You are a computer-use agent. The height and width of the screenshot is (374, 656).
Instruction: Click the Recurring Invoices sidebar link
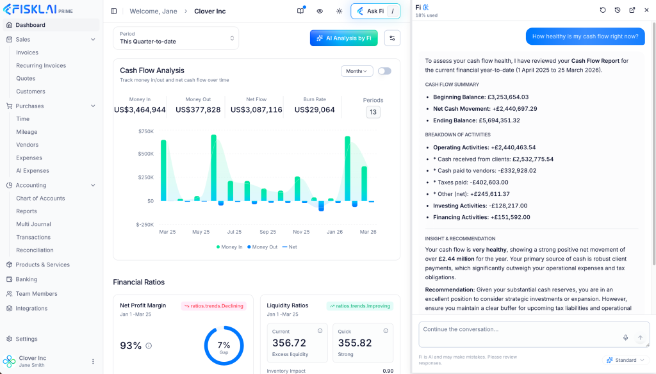tap(41, 65)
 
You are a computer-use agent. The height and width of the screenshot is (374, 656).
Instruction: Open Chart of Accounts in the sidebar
tap(40, 199)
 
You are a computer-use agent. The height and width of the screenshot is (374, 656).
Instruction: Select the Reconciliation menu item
tap(35, 250)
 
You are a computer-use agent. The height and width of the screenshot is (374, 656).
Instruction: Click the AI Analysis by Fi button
tap(343, 38)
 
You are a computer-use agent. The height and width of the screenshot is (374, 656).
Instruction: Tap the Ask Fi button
tap(375, 11)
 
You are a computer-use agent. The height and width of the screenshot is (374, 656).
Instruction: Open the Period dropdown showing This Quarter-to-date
tap(176, 38)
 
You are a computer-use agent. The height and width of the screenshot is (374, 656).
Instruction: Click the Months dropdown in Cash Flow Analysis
tap(357, 71)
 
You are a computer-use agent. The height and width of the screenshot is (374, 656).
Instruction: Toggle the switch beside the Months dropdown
tap(384, 71)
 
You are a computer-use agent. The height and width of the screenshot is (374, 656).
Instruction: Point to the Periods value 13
tap(373, 112)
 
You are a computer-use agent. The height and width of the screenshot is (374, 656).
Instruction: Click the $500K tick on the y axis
tap(146, 154)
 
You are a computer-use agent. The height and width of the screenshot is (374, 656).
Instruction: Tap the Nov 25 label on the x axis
tap(301, 232)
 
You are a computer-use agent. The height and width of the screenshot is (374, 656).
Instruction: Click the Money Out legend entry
tap(262, 247)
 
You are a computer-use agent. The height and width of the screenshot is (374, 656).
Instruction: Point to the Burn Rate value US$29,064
tap(315, 110)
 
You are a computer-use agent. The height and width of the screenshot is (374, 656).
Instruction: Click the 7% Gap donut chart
tap(224, 346)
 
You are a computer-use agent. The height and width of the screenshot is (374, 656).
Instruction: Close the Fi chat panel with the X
tap(646, 10)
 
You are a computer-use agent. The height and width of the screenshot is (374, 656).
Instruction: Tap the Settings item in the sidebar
tap(26, 339)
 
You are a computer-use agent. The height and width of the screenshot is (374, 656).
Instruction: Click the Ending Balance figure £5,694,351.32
tap(499, 120)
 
